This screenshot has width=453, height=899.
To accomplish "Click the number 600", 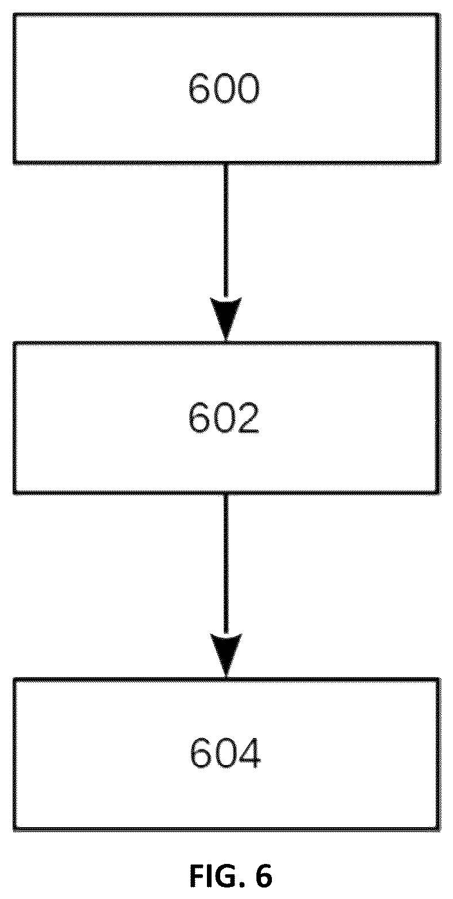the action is click(x=224, y=88).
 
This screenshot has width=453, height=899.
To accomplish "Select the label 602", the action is click(x=224, y=418).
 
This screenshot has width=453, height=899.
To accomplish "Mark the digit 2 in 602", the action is click(x=248, y=418).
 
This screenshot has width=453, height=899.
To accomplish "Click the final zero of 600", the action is click(x=248, y=88).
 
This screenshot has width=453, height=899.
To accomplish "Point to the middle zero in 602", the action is click(x=224, y=418).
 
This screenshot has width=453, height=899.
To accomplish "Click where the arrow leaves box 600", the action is click(x=226, y=164).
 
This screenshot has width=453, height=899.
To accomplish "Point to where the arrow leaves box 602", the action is click(x=226, y=493).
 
